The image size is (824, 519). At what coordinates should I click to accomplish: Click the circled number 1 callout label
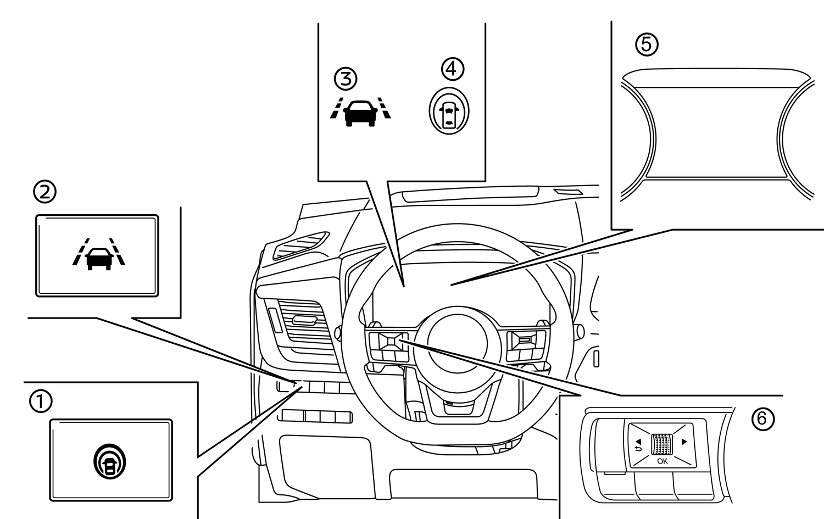click(41, 401)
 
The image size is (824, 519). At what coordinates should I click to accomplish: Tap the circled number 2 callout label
click(45, 192)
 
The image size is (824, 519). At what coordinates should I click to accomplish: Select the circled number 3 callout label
click(346, 79)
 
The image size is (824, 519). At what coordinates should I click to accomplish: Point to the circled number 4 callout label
click(453, 69)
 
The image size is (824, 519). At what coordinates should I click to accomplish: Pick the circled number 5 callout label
click(647, 44)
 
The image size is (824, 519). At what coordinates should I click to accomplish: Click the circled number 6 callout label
click(762, 419)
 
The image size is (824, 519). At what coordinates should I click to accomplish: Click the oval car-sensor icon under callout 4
click(449, 111)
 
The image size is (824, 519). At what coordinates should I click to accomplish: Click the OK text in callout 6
click(662, 461)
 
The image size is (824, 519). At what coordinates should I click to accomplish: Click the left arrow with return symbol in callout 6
click(638, 444)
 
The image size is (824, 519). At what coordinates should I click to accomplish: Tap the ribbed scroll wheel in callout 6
click(662, 444)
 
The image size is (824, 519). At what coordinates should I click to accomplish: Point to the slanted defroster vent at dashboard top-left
click(300, 245)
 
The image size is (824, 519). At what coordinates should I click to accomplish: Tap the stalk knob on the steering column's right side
click(578, 331)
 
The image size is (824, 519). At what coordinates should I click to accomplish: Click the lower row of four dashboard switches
click(316, 416)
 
